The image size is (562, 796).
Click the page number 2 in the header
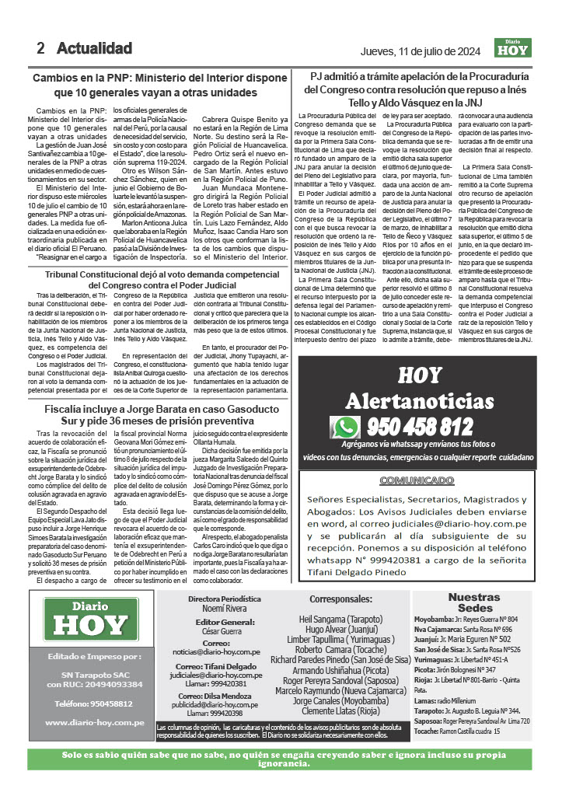pyautogui.click(x=41, y=48)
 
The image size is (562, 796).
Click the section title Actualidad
pyautogui.click(x=94, y=48)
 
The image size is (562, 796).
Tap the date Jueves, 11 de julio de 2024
pyautogui.click(x=425, y=51)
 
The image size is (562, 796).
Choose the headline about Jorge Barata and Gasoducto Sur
pyautogui.click(x=155, y=414)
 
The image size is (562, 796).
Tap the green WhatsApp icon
pyautogui.click(x=344, y=427)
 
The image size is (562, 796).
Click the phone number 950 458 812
pyautogui.click(x=420, y=427)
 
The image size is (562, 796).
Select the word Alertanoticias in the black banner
pyautogui.click(x=419, y=401)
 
